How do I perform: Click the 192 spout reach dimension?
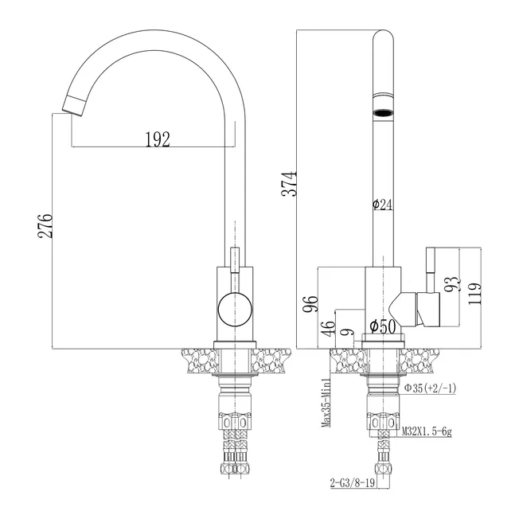click(x=158, y=139)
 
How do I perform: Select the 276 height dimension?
click(x=45, y=226)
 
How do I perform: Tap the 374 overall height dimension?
click(x=289, y=184)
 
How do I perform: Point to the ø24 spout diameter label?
click(x=382, y=205)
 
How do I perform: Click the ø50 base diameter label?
click(x=383, y=326)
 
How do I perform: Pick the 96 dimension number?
click(x=310, y=303)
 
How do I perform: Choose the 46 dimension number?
click(x=329, y=329)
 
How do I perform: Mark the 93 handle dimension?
click(x=452, y=284)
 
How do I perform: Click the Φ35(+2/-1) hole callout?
click(x=430, y=388)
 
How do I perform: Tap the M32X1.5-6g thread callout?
click(x=427, y=431)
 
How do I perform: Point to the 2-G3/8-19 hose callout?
click(x=353, y=483)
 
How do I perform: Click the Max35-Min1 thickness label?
click(x=326, y=403)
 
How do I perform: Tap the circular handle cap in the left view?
click(x=235, y=310)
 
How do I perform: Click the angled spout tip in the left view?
click(x=73, y=105)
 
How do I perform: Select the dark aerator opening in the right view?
click(x=383, y=113)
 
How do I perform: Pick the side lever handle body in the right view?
click(x=428, y=310)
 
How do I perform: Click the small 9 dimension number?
click(x=348, y=332)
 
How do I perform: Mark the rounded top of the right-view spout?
click(x=383, y=35)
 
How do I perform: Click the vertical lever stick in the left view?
click(x=235, y=260)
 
